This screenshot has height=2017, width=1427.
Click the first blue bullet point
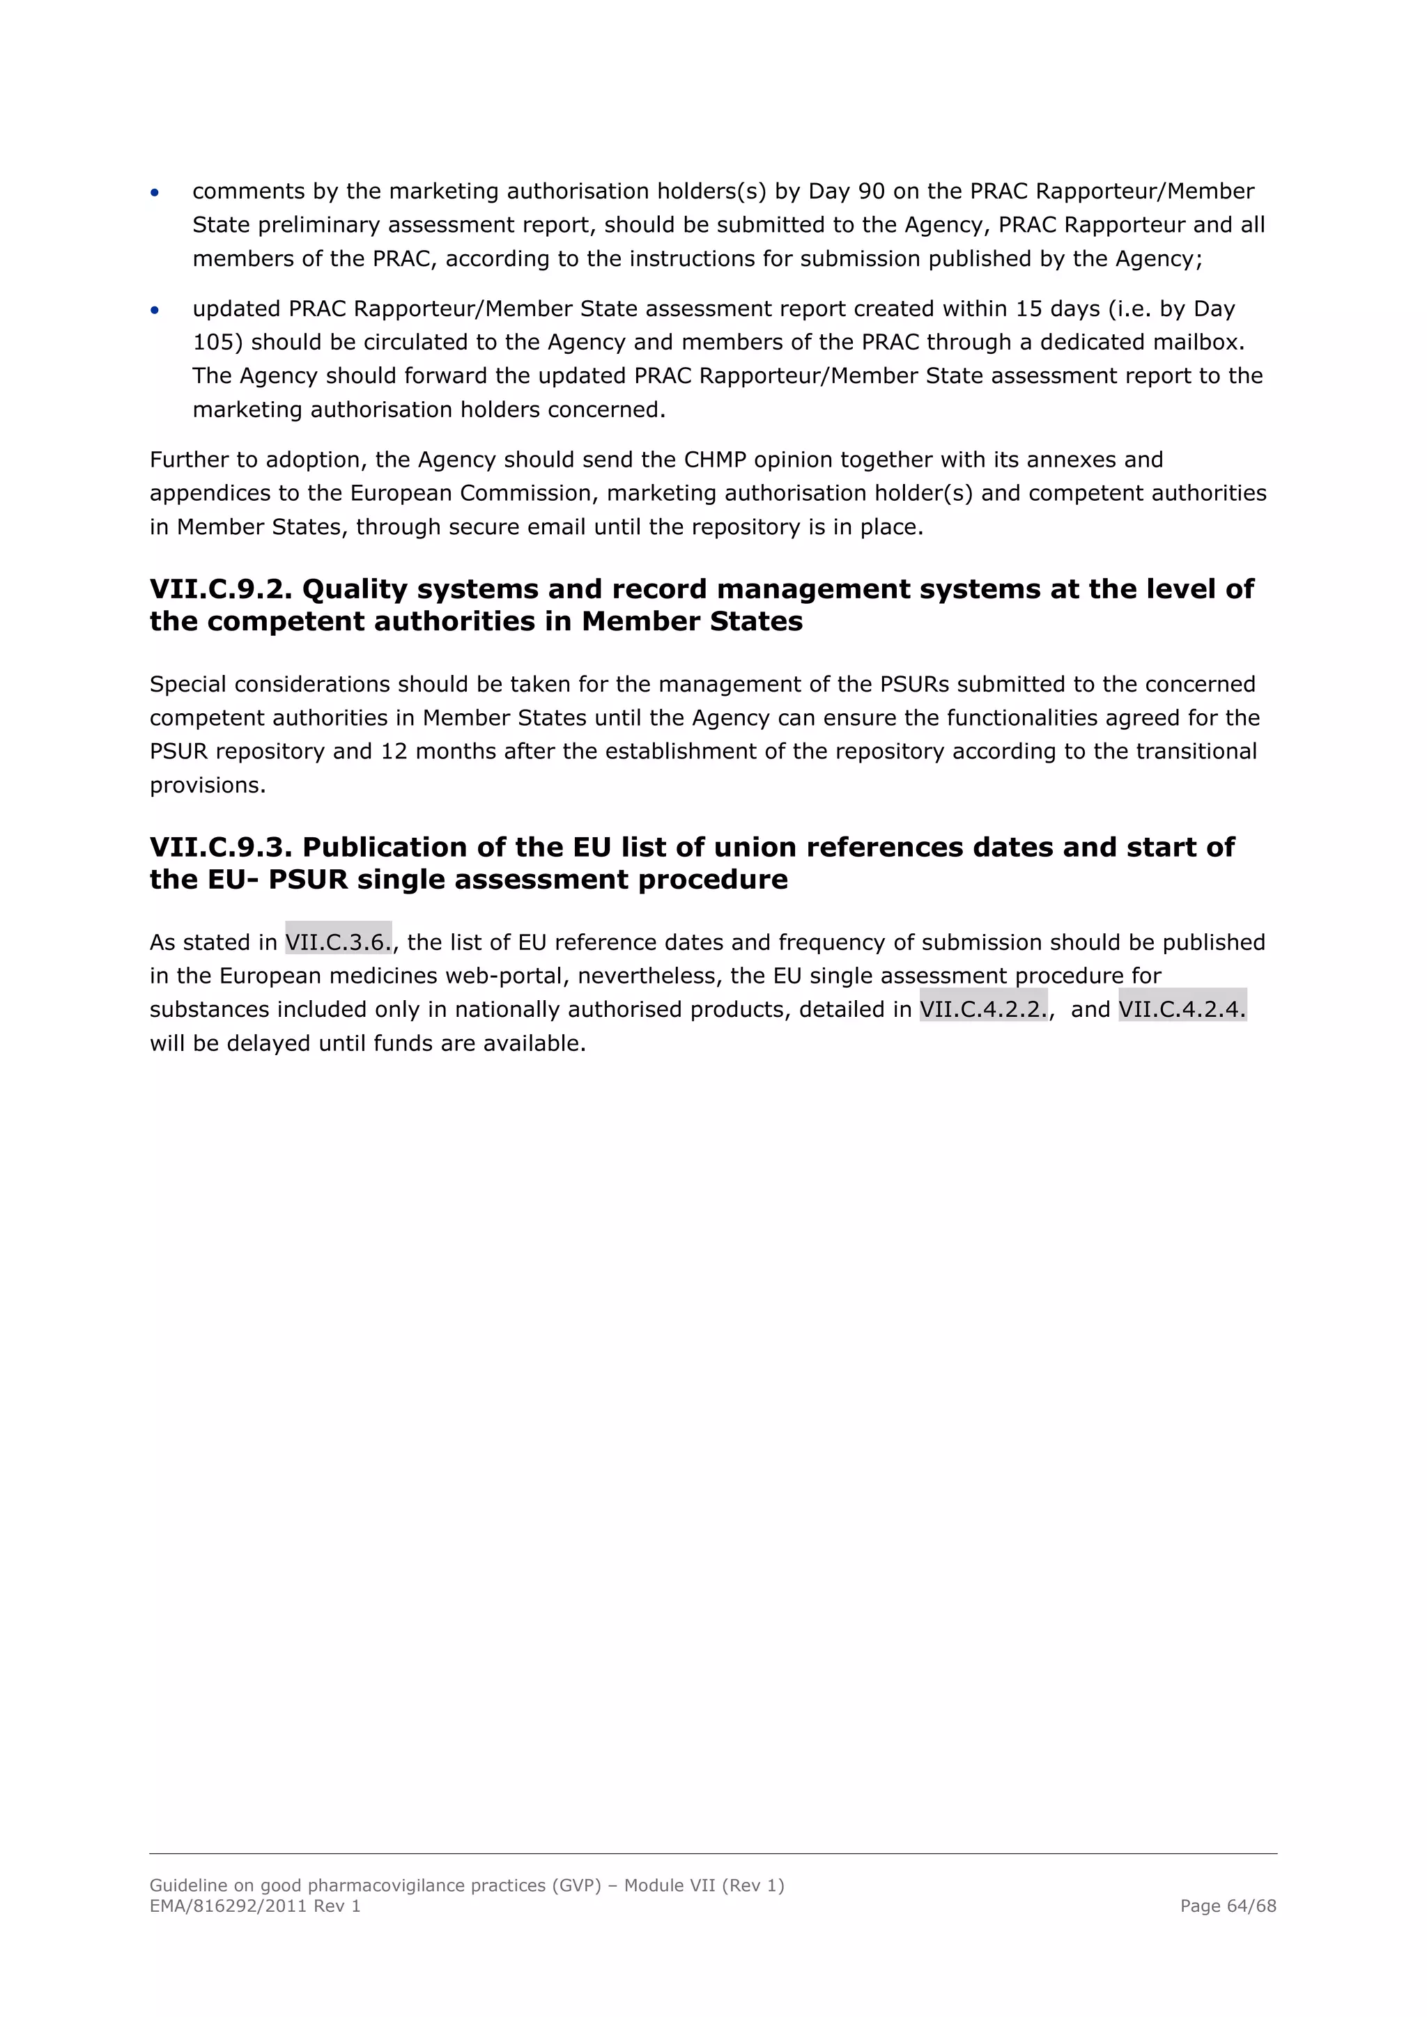tap(155, 192)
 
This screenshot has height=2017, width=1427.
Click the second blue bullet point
tap(155, 310)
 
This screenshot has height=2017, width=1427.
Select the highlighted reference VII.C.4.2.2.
tap(982, 1009)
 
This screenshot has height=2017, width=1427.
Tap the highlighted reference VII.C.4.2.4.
tap(1181, 1009)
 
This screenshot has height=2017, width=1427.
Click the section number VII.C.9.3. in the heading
tap(221, 847)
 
